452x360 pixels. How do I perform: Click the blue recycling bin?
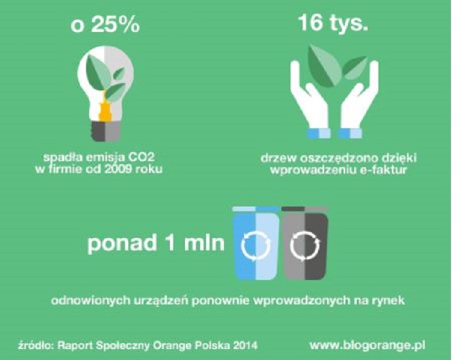tap(256, 244)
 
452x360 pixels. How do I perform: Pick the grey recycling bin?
tap(304, 244)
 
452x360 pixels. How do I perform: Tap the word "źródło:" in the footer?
tap(33, 346)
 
